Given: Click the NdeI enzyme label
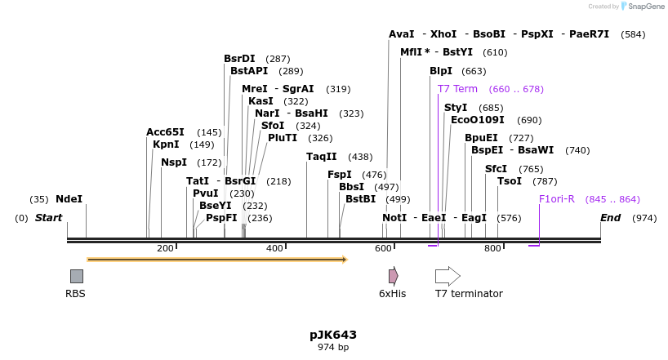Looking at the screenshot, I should click(69, 199).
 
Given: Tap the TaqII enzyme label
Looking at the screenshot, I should click(322, 157).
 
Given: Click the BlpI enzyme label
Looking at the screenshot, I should click(441, 71).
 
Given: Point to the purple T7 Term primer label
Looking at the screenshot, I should click(457, 89).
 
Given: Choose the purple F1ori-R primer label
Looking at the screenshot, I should click(557, 199).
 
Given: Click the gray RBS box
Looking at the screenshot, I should click(76, 276).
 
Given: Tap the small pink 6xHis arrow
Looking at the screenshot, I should click(393, 276).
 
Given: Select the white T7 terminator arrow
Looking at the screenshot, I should click(448, 276).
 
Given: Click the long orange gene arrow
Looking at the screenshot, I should click(216, 260).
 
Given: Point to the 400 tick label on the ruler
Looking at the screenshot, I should click(274, 248).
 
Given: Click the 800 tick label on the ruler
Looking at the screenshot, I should click(492, 248).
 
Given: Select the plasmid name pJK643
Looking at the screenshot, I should click(333, 335).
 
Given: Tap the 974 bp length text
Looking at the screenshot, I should click(333, 348).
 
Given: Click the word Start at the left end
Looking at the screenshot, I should click(48, 218).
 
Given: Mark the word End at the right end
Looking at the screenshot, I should click(610, 218).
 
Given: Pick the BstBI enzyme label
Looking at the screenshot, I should click(360, 199).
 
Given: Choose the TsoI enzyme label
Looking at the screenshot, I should click(510, 181).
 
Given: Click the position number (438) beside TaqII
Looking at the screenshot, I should click(360, 157).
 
